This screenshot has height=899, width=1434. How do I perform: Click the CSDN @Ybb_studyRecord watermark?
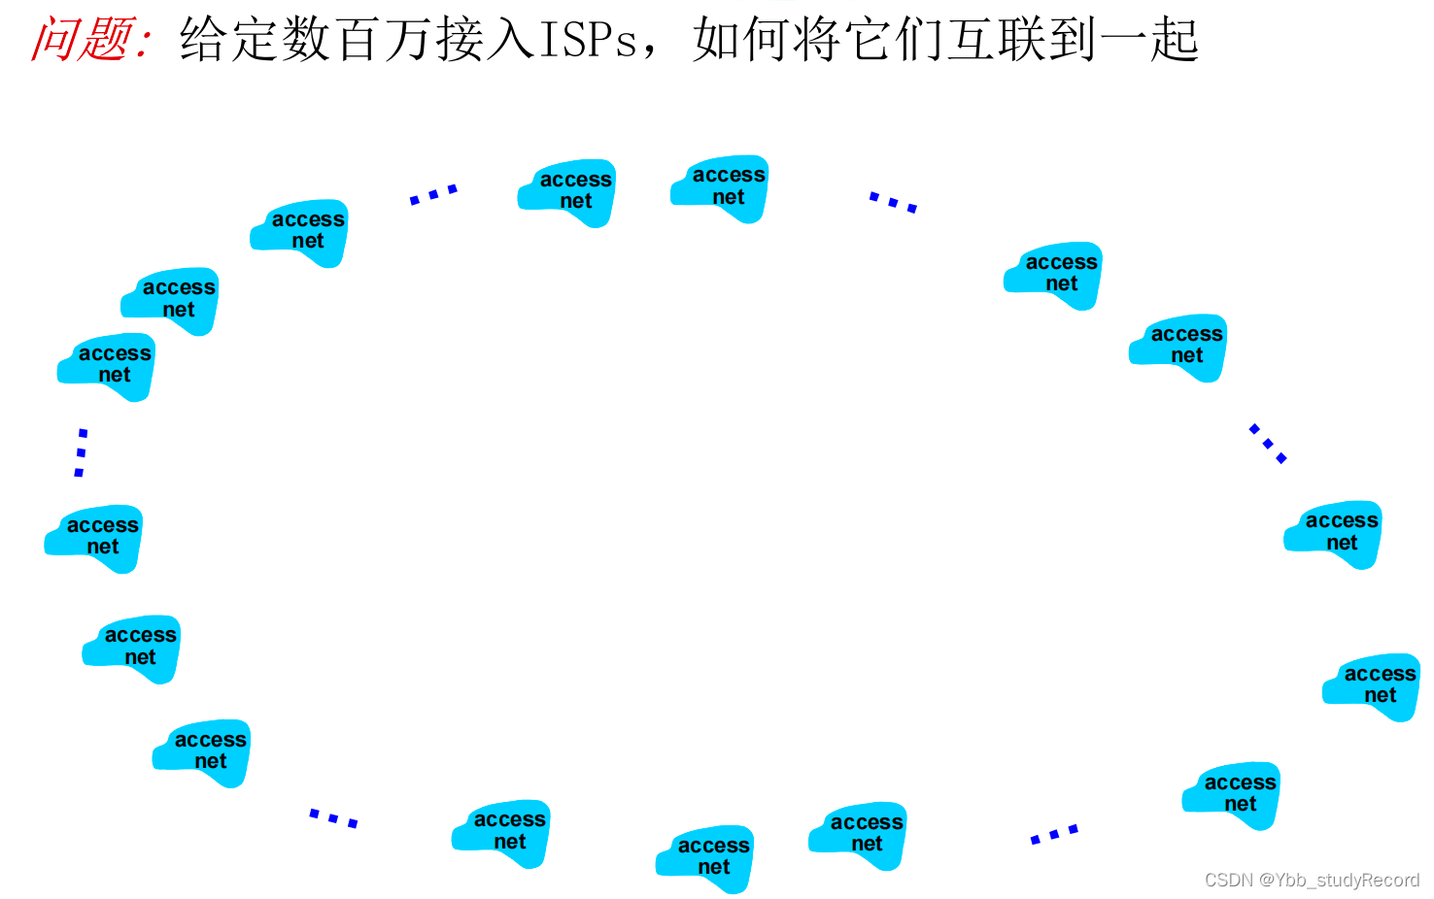[1312, 880]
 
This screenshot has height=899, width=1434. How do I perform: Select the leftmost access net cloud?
[94, 538]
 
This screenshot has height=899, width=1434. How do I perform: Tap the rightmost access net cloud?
[1372, 686]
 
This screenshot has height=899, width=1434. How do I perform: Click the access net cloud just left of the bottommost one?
[501, 833]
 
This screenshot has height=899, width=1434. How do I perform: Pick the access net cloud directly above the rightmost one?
[1333, 534]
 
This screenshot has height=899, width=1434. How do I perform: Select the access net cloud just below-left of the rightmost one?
[1232, 795]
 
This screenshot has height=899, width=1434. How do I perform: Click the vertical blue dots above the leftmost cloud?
[82, 452]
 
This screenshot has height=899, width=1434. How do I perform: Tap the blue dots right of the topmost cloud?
[893, 202]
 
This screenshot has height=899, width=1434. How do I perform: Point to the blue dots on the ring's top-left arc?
[433, 194]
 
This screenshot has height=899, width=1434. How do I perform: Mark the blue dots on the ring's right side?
[1268, 444]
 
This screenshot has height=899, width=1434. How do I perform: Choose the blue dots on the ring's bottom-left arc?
[333, 817]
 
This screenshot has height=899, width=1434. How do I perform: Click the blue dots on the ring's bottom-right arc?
[1054, 834]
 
